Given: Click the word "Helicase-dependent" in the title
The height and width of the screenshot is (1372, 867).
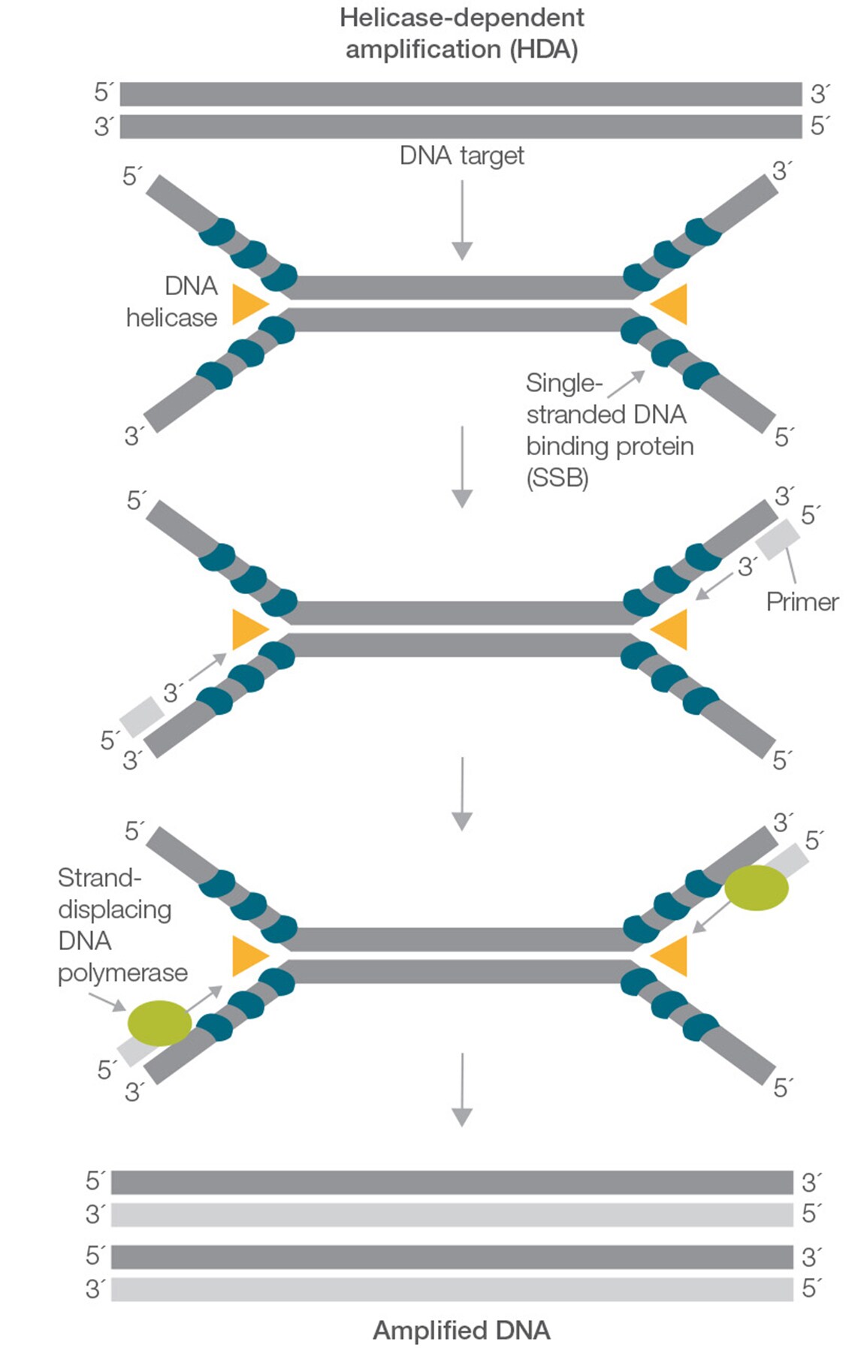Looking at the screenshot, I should pos(461,18).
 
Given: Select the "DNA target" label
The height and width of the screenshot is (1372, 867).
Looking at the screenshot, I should pos(461,155).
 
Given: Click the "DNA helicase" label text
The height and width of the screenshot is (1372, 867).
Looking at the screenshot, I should pos(173,302).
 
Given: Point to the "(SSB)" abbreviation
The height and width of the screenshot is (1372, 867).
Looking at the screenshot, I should pos(557,478).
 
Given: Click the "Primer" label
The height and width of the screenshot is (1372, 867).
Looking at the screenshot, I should pos(802,602).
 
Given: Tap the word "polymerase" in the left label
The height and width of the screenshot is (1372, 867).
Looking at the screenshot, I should pos(122,972).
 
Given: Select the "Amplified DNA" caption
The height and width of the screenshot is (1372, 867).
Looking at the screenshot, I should pos(461,1330).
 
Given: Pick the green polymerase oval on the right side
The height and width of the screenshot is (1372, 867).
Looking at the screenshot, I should pos(756,888).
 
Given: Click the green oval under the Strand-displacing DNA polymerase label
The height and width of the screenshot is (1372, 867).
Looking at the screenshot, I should pos(159,1022).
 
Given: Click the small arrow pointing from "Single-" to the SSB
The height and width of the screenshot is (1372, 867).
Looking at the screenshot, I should pos(626,384).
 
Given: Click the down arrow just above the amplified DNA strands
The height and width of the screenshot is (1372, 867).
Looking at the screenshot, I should pos(462,1088).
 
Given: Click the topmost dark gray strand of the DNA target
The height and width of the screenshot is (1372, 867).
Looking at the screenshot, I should pos(461,94).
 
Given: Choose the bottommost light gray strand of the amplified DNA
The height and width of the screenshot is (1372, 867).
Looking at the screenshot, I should pos(452,1289).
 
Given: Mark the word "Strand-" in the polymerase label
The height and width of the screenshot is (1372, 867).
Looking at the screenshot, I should pos(99,877).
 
